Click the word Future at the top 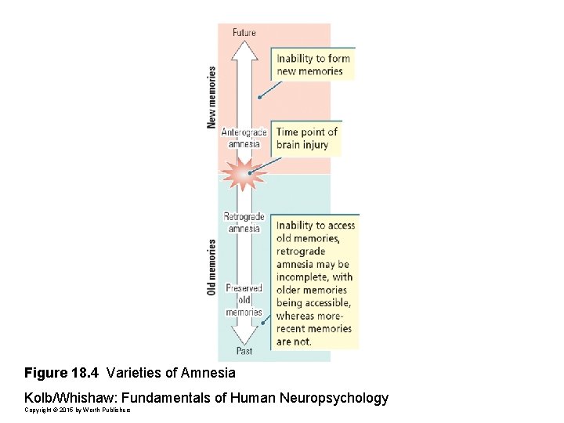244,32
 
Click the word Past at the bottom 244,350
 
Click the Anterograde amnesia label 244,138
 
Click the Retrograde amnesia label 244,222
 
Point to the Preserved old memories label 244,300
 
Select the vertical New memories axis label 211,97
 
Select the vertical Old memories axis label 211,267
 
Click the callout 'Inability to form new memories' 313,64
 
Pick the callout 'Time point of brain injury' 306,138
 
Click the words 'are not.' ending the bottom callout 294,342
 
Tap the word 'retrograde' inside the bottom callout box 300,251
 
